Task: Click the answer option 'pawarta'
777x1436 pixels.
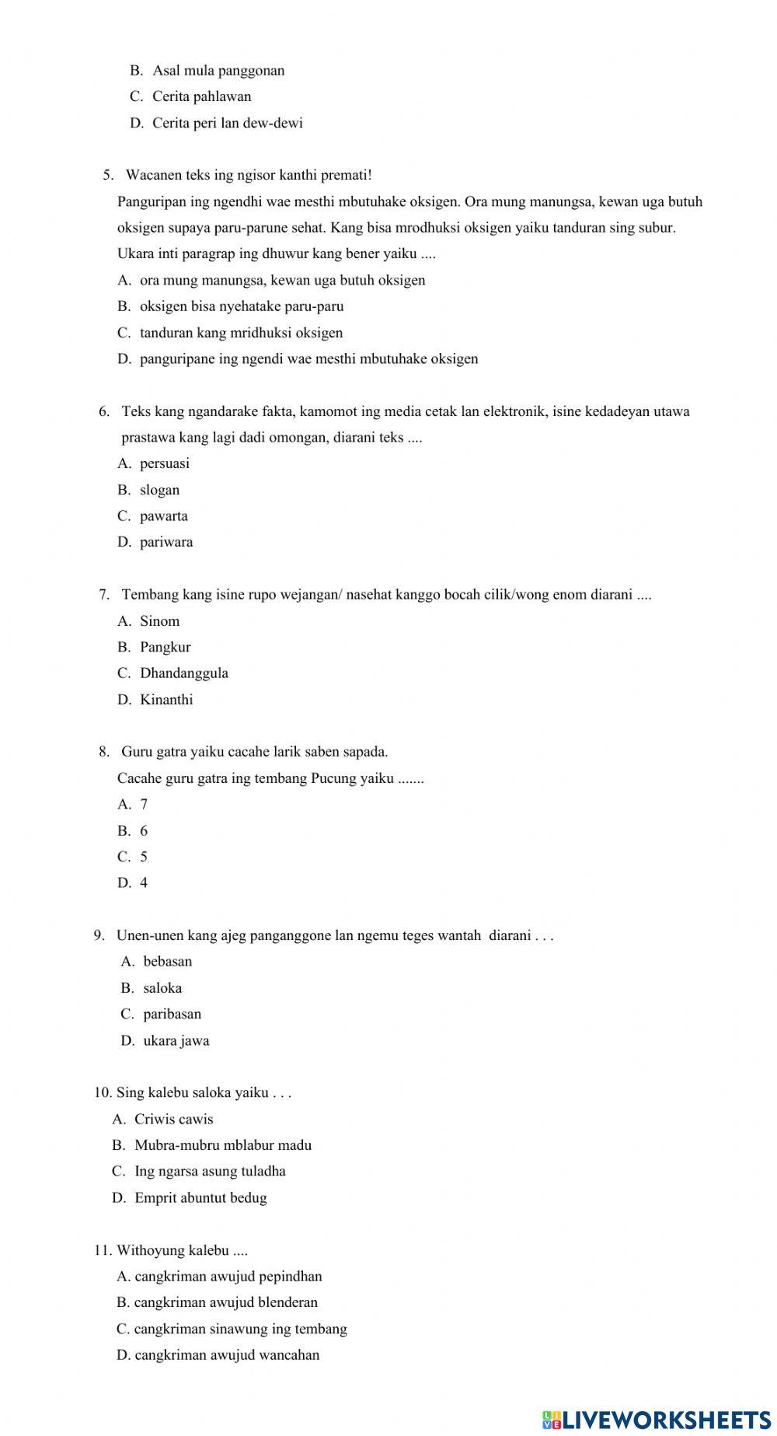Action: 163,516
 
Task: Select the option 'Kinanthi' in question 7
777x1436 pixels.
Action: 166,700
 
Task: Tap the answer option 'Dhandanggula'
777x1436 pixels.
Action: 184,673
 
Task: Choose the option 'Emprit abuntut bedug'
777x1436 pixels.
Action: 200,1198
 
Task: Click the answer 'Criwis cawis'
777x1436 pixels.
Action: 173,1120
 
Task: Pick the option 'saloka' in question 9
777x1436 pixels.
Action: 162,988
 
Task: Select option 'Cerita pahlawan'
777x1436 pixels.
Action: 201,97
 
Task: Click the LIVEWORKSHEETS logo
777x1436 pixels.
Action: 657,1419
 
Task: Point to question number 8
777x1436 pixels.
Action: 104,752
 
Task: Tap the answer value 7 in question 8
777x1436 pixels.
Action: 144,805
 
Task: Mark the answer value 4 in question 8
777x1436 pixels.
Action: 144,883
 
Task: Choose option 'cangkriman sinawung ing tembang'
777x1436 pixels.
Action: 240,1329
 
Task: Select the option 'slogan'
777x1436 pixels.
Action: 159,490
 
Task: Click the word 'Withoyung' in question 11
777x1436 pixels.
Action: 150,1250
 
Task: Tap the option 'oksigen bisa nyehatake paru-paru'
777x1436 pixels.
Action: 241,306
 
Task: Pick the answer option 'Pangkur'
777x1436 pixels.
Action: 165,647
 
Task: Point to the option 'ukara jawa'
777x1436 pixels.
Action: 176,1041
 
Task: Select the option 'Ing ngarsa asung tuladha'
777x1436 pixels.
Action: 210,1172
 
